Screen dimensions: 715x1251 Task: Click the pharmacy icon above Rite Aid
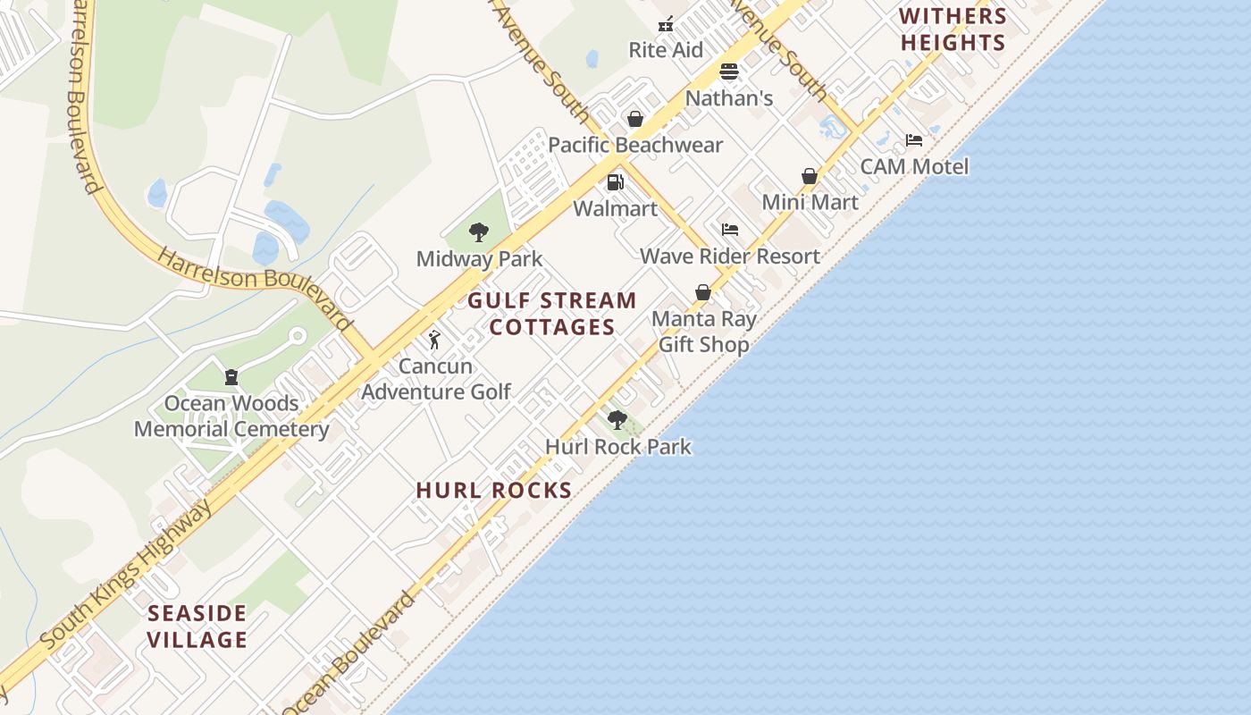click(x=665, y=24)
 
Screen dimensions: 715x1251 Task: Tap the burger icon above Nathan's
click(x=729, y=71)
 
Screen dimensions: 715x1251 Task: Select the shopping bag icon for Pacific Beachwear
click(x=635, y=119)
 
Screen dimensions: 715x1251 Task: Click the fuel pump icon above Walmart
click(x=615, y=182)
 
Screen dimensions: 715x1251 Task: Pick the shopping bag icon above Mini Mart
click(x=810, y=176)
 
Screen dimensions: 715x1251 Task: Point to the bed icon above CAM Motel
click(x=914, y=140)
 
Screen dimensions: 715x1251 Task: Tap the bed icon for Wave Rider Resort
click(x=730, y=230)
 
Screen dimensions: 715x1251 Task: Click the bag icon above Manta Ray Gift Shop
click(x=703, y=292)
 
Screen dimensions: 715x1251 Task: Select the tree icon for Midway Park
click(x=479, y=232)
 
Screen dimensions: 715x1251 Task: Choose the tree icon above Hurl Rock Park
click(x=617, y=419)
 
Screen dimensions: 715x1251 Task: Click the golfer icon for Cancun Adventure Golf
click(x=435, y=340)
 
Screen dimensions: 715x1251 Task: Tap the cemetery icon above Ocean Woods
click(x=231, y=377)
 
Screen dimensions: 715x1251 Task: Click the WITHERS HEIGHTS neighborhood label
click(x=953, y=29)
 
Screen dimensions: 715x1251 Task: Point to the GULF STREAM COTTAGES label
click(x=552, y=314)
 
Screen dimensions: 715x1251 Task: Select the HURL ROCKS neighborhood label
click(x=494, y=490)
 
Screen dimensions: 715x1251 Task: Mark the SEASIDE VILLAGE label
click(x=197, y=627)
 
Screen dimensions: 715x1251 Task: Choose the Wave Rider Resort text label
click(x=730, y=257)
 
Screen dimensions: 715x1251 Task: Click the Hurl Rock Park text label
click(x=618, y=446)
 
